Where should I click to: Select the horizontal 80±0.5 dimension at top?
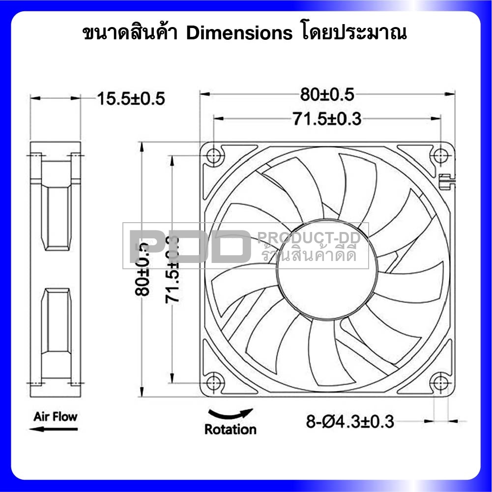pyautogui.click(x=327, y=94)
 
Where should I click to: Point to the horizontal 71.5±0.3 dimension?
pyautogui.click(x=327, y=118)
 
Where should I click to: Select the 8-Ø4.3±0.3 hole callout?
pyautogui.click(x=350, y=421)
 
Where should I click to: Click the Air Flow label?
pyautogui.click(x=55, y=417)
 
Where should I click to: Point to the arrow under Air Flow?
pyautogui.click(x=53, y=429)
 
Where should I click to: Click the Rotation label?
pyautogui.click(x=230, y=429)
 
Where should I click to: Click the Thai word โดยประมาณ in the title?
pyautogui.click(x=352, y=33)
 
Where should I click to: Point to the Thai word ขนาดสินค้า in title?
pyautogui.click(x=132, y=33)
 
